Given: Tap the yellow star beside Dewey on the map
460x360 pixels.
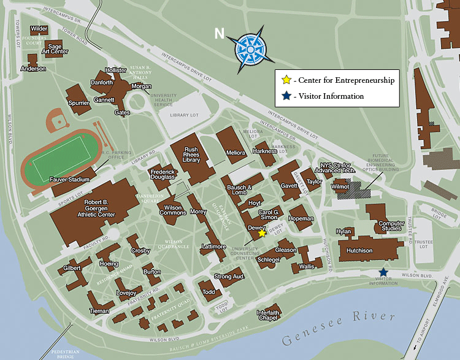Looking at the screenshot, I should pyautogui.click(x=262, y=232).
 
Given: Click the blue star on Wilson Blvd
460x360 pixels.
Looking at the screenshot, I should pyautogui.click(x=383, y=272).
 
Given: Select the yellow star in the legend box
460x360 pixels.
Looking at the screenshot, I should pyautogui.click(x=286, y=80).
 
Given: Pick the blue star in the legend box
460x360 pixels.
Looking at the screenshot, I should pyautogui.click(x=286, y=96).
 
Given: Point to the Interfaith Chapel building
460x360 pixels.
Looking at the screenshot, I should pyautogui.click(x=268, y=315).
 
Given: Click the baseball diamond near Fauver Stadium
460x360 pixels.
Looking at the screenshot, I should pyautogui.click(x=56, y=120).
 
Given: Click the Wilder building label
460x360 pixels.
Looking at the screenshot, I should pyautogui.click(x=39, y=29).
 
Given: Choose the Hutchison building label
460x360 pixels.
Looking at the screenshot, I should pyautogui.click(x=359, y=251).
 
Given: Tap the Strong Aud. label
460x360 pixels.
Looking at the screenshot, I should pyautogui.click(x=230, y=277).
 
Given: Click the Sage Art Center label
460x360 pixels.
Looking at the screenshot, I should pyautogui.click(x=55, y=49).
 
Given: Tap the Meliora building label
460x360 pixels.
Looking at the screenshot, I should pyautogui.click(x=236, y=152).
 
